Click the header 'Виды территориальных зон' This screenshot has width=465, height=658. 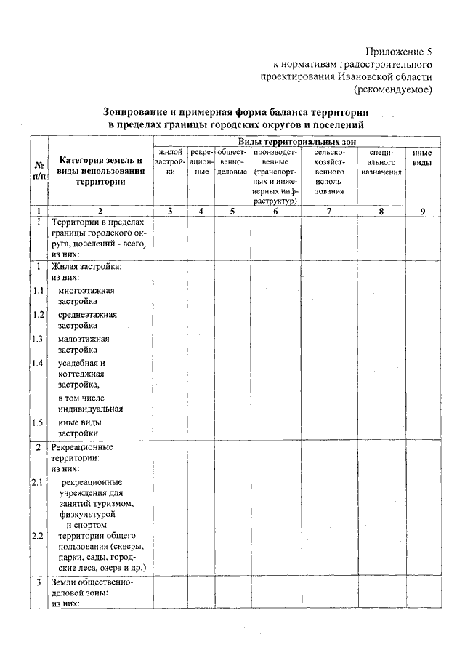(297, 140)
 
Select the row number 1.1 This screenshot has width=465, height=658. (39, 291)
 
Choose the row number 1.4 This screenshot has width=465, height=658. (39, 363)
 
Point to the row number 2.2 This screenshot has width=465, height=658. (39, 536)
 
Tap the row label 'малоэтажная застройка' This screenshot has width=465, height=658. (83, 344)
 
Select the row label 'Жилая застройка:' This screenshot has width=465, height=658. (86, 266)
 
